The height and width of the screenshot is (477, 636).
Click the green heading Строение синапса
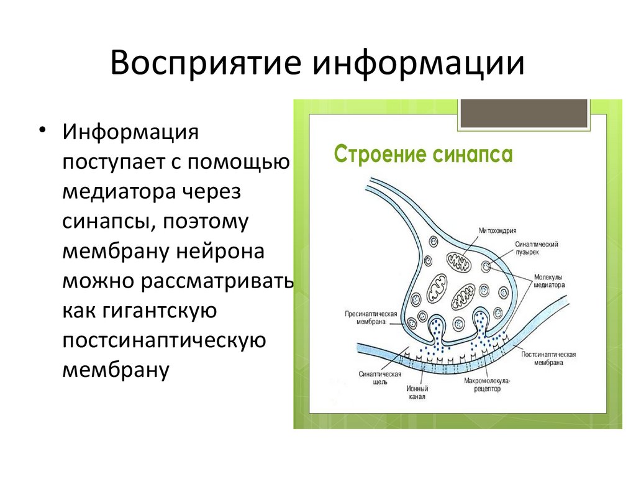pos(423,155)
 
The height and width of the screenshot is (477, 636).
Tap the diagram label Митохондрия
pos(497,230)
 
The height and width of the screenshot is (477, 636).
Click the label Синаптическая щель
pos(380,378)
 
